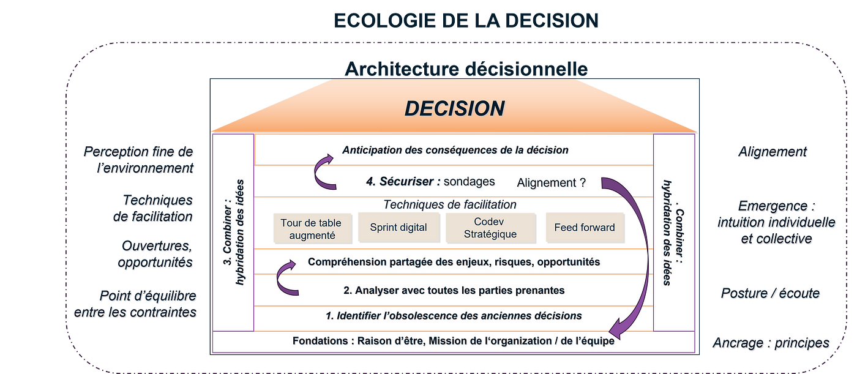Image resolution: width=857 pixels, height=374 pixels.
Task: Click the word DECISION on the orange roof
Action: point(454,108)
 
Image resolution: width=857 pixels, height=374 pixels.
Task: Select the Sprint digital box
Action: point(398,228)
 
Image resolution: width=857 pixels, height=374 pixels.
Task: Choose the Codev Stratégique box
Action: point(490,228)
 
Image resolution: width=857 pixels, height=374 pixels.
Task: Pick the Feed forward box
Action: point(584,228)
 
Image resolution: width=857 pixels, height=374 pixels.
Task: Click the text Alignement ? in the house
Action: point(551,182)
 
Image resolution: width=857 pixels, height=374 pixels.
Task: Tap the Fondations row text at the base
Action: point(453,341)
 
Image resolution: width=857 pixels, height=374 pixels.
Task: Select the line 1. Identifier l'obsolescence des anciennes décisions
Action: point(454,316)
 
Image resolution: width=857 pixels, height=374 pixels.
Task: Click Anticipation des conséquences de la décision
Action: point(455,150)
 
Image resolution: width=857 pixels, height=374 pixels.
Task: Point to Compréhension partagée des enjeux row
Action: point(454,262)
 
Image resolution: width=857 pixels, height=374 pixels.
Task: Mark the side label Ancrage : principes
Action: point(771,343)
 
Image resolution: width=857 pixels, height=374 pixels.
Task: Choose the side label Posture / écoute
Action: point(770,294)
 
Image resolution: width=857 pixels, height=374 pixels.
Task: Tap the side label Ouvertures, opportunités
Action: point(157,254)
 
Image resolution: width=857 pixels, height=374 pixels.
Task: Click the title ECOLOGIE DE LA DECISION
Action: point(466,21)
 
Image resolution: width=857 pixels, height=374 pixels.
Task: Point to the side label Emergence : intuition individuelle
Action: point(777,223)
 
